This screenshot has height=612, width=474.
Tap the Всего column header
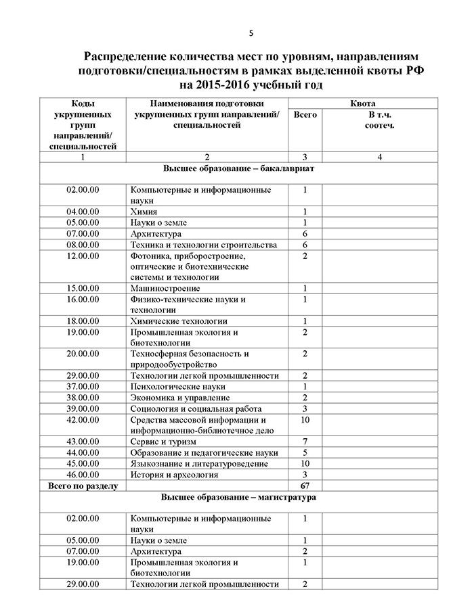305,115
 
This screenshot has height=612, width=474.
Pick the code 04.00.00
83,212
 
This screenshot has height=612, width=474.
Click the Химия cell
144,212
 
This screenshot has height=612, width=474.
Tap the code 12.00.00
83,256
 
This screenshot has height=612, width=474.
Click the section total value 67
305,486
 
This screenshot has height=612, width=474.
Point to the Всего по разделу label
83,486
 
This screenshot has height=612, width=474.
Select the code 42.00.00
83,420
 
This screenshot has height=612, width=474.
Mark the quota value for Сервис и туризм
305,442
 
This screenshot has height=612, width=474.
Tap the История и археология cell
174,475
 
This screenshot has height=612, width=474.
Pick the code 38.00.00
83,398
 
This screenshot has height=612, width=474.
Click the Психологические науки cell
177,386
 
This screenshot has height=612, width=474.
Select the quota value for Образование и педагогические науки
305,452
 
